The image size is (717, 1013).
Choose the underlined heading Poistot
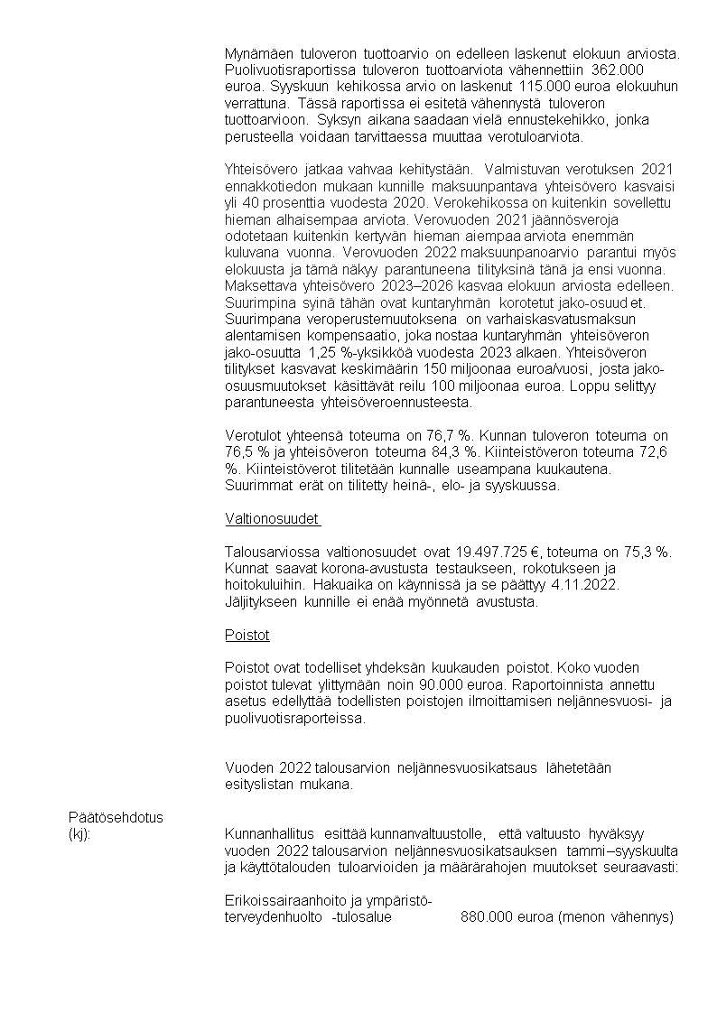click(x=247, y=635)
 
